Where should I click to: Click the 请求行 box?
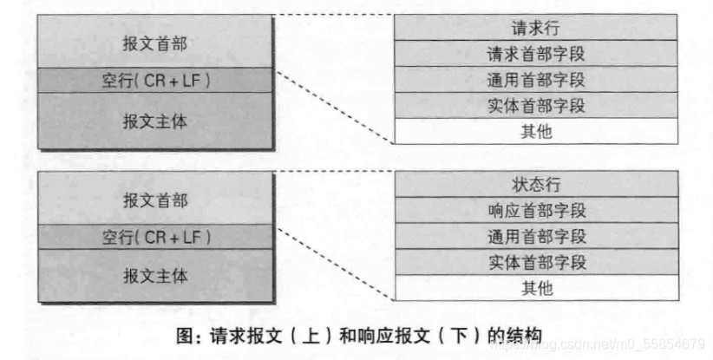(536, 27)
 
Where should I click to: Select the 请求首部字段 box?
(536, 54)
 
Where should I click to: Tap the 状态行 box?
(536, 184)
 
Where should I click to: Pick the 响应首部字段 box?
(536, 210)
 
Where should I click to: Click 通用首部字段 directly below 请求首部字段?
(536, 80)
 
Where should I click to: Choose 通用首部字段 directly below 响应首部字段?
(536, 236)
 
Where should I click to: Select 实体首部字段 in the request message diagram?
(536, 106)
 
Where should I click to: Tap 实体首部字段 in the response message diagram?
(536, 262)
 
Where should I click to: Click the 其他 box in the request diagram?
(536, 132)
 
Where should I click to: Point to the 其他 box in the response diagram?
(536, 288)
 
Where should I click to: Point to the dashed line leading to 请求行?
(334, 14)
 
